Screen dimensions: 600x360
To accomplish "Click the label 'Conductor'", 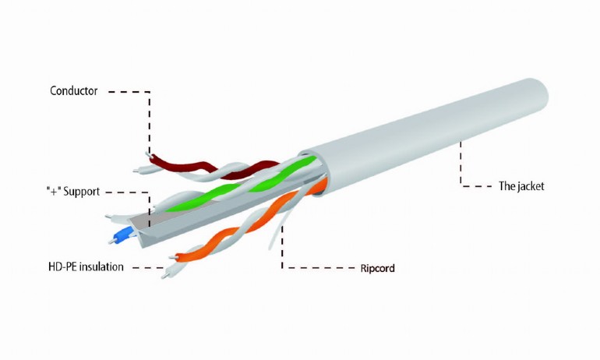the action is pos(73,91).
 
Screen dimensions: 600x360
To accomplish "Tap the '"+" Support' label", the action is pos(73,191).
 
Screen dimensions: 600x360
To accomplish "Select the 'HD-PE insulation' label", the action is pos(86,266).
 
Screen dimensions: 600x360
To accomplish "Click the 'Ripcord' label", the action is pos(377,268).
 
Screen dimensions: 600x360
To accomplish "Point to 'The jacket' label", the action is pos(521,186).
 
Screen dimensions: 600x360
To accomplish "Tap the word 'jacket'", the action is pos(531,186).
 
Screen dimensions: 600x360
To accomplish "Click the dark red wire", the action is pos(214,168).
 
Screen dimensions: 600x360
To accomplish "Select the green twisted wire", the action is pos(241,185).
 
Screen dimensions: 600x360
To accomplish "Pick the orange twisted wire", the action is pos(249,222).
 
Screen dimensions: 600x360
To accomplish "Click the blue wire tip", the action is pos(123,235).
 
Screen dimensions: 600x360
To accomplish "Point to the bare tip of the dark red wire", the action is pos(148,154).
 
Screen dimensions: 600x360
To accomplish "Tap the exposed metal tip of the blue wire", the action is pos(111,241).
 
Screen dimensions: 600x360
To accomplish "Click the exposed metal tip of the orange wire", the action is pos(174,257).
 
